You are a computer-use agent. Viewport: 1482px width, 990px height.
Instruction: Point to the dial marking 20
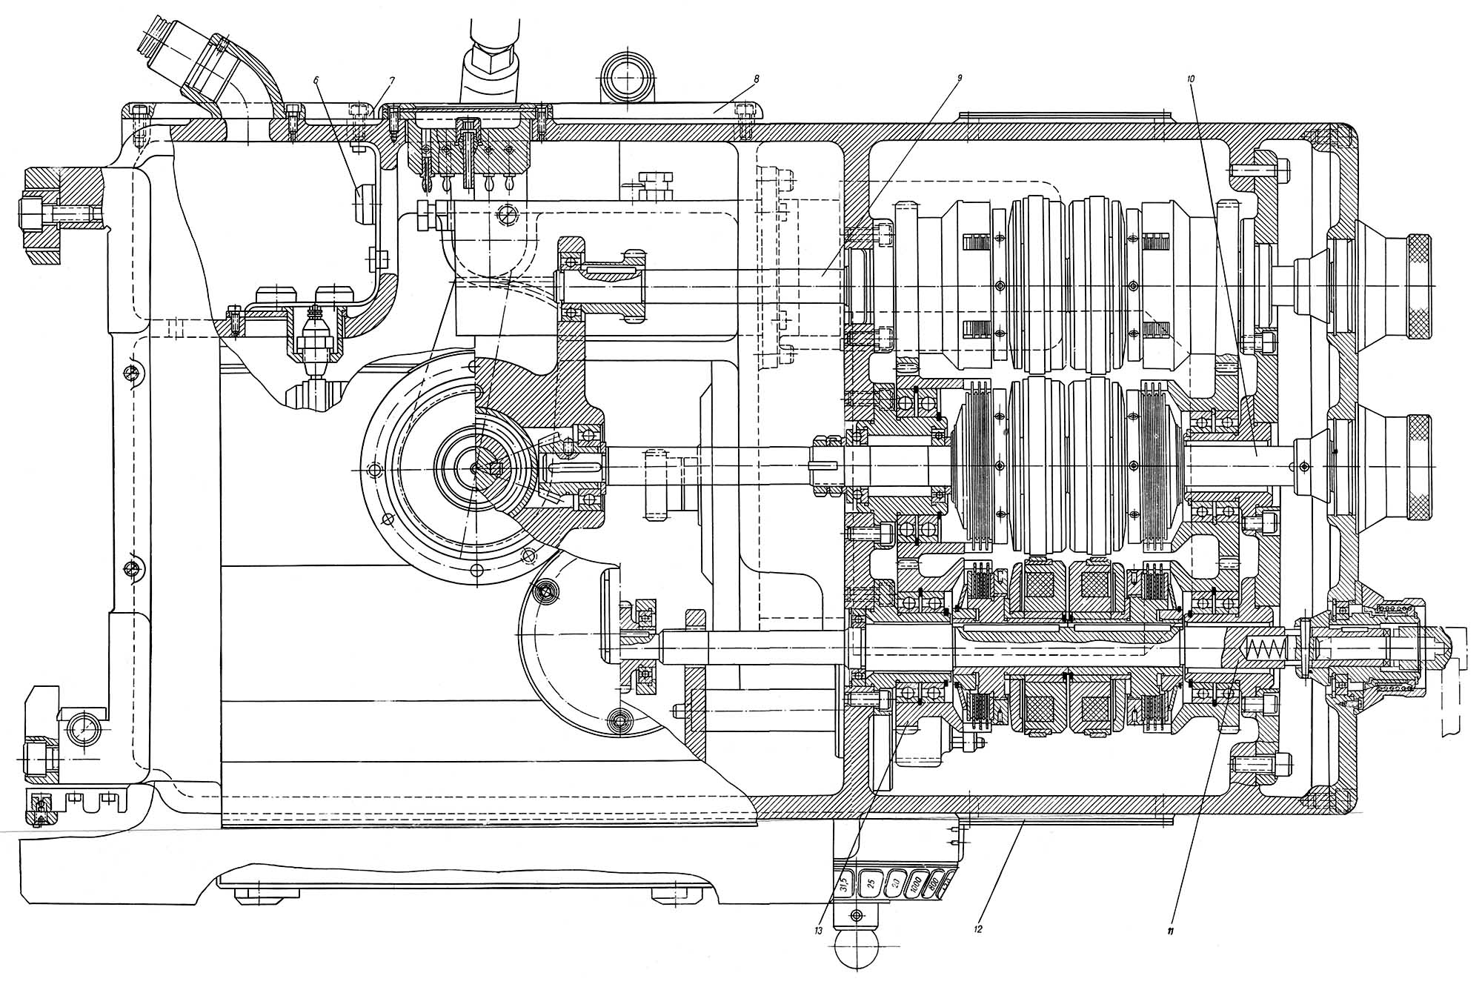pos(894,883)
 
